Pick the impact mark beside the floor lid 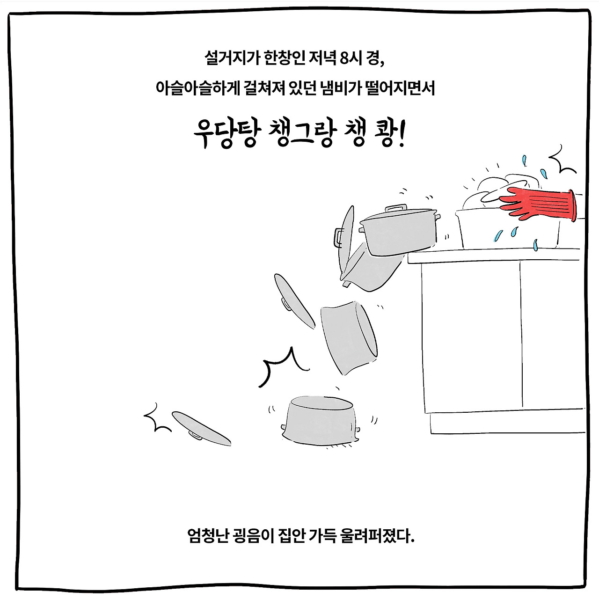[x=157, y=416]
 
